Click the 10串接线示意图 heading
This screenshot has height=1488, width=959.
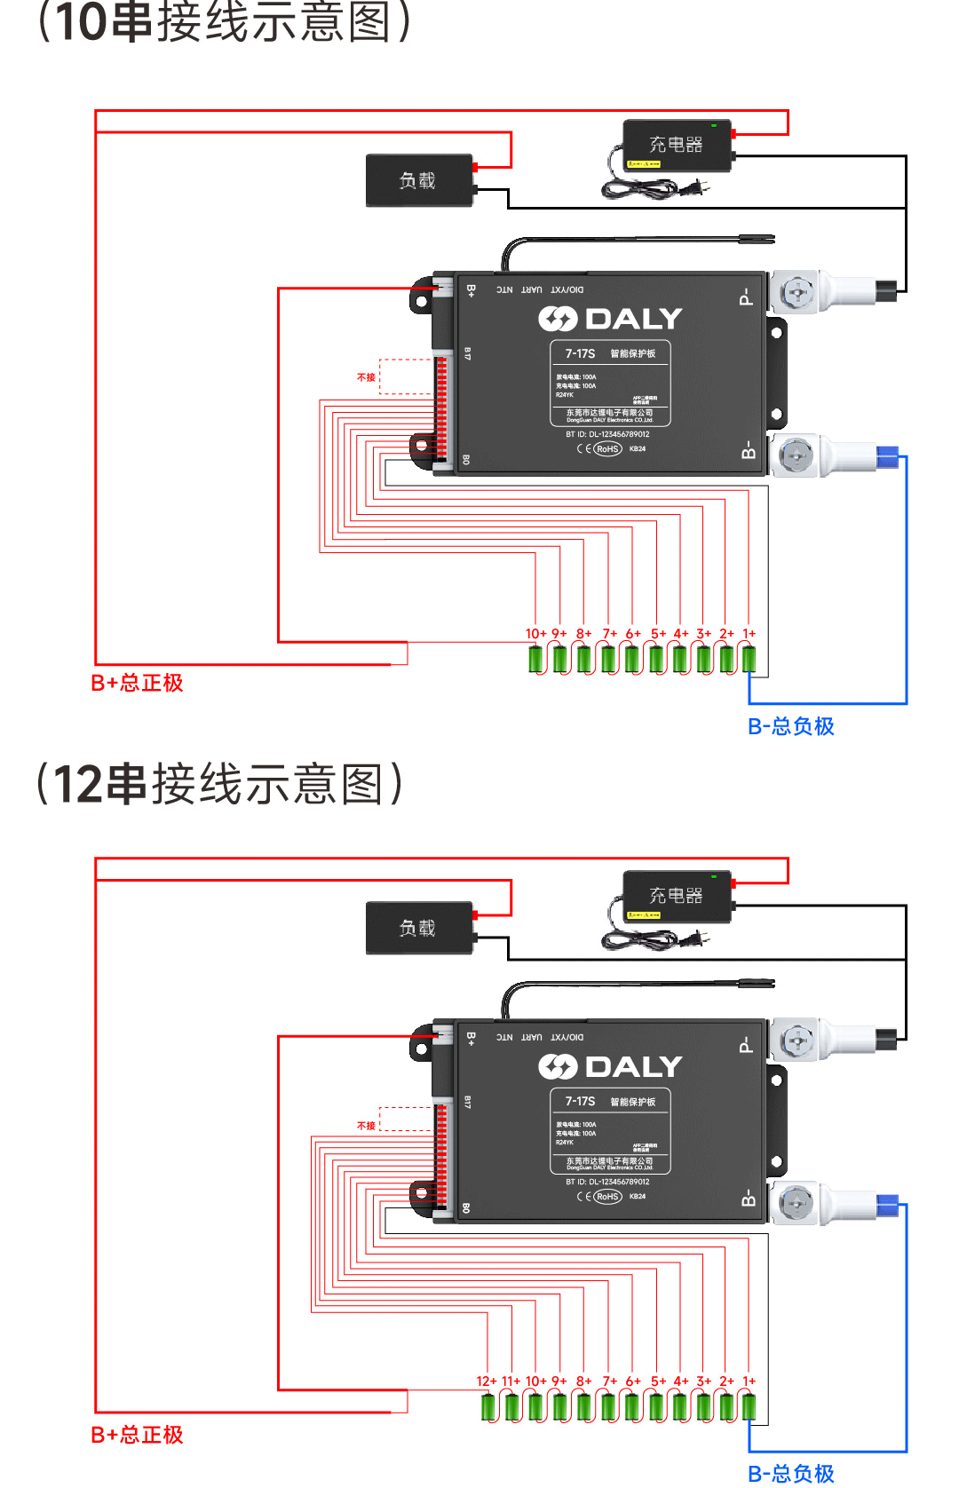click(222, 21)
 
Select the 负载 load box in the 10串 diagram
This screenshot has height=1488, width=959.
click(418, 180)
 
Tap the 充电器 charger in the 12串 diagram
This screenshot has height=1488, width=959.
click(677, 896)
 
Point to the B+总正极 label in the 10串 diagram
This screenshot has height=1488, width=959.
click(137, 683)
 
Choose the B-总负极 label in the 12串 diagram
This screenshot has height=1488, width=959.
click(791, 1474)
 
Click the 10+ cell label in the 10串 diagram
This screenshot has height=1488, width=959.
click(535, 634)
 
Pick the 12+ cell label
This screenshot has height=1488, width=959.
click(487, 1381)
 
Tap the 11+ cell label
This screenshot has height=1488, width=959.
click(511, 1381)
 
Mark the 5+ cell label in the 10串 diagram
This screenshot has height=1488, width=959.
click(658, 634)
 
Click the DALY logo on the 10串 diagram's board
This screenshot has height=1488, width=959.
click(610, 319)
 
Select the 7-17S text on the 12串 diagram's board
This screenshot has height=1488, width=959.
click(580, 1101)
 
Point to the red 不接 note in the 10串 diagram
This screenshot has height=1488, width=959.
click(366, 377)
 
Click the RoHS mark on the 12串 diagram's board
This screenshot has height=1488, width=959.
click(607, 1197)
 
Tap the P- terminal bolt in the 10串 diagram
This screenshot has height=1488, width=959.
click(797, 292)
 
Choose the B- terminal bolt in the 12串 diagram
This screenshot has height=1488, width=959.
click(795, 1204)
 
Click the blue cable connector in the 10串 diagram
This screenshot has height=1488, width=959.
click(887, 457)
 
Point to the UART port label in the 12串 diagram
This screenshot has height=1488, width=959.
click(531, 1037)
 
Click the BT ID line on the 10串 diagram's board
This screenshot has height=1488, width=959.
click(607, 434)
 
